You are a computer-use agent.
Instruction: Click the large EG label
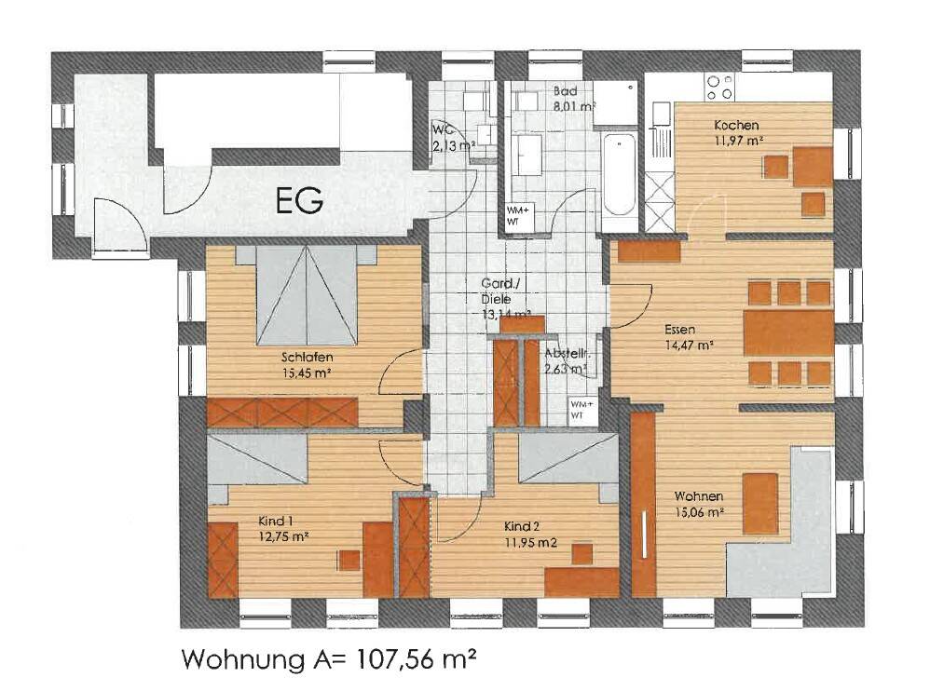[299, 200]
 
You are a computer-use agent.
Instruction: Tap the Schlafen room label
[307, 357]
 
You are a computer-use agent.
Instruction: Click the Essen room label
[680, 329]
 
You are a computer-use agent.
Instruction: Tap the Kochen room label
[736, 126]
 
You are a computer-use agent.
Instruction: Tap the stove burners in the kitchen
[720, 87]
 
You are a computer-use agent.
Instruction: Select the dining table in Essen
[788, 332]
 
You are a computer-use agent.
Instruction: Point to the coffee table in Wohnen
[759, 503]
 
